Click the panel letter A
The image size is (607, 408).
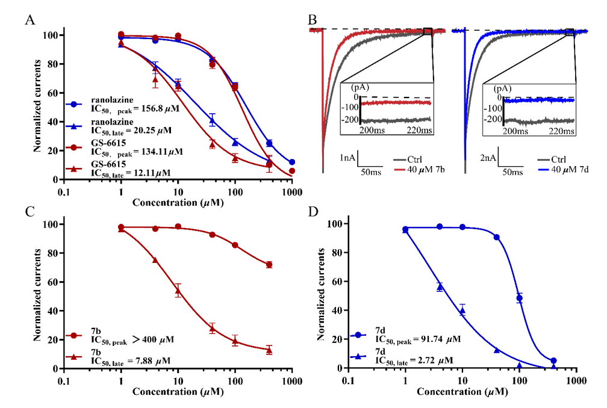tap(30, 21)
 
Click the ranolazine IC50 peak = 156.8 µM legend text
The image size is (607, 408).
tap(124, 105)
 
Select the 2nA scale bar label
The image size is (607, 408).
tap(488, 158)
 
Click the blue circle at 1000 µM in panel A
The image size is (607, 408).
tap(292, 162)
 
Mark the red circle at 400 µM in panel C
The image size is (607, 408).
tap(269, 265)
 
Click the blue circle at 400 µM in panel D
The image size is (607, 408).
tap(553, 361)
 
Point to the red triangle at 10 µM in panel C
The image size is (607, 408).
tap(178, 291)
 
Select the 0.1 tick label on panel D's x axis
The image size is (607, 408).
tap(348, 380)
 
